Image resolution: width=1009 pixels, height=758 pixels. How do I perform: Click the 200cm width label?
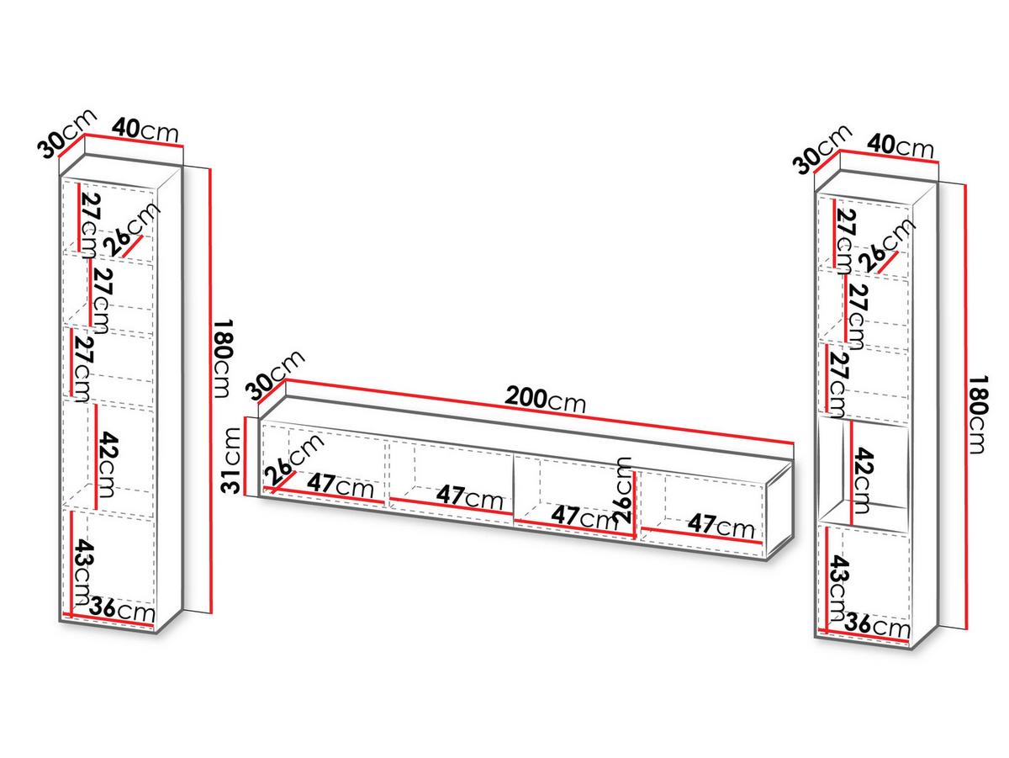545,400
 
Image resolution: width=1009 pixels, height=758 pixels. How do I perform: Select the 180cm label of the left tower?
223,358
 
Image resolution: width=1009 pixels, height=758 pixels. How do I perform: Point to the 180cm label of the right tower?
977,415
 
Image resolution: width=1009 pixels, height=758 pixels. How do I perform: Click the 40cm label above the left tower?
145,130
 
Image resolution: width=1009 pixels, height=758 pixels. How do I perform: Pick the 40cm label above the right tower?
901,146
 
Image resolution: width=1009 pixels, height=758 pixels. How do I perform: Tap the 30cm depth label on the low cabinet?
275,375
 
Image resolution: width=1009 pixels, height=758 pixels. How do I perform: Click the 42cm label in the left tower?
108,464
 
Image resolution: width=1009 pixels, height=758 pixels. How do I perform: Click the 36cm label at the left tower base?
122,610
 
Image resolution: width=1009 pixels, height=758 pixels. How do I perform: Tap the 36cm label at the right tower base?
877,625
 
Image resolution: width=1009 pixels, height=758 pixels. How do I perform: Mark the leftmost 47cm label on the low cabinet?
340,485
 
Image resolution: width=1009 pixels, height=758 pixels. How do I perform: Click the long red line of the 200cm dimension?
540,411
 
